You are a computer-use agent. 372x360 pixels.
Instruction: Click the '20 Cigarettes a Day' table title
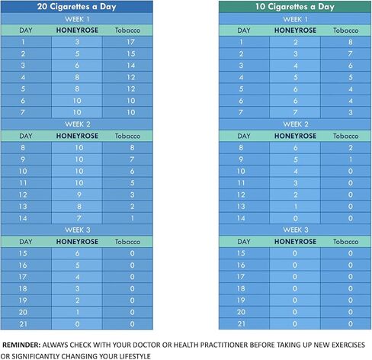(77, 7)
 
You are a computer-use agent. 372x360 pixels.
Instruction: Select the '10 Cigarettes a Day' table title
(295, 7)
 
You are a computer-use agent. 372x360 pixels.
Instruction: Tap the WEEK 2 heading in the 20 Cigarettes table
(78, 124)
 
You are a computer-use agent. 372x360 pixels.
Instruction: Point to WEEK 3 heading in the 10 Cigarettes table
(296, 230)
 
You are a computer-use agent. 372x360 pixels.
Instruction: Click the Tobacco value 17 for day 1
(130, 42)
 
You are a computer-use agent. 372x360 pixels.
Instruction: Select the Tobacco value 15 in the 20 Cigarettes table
(131, 53)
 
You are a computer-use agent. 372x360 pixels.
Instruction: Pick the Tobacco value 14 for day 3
(131, 66)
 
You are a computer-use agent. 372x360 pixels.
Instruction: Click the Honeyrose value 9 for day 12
(79, 194)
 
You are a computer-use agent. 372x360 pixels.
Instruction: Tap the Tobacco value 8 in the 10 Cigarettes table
(351, 42)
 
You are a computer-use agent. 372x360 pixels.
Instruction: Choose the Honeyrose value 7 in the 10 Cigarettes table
(295, 112)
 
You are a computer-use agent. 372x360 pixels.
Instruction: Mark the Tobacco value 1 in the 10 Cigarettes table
(351, 159)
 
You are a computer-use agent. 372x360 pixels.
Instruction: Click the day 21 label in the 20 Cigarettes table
(23, 324)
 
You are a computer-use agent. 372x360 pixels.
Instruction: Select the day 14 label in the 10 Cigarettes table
(241, 218)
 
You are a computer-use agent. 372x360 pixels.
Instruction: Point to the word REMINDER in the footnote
(21, 345)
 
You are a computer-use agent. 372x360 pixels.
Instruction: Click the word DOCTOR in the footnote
(147, 345)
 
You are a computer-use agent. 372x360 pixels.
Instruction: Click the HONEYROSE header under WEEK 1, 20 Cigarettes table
(77, 31)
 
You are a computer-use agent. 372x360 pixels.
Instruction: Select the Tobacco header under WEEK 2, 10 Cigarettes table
(346, 136)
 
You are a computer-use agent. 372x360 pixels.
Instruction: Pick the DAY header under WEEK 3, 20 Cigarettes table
(26, 242)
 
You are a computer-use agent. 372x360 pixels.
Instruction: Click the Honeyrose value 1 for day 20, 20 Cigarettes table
(78, 312)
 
